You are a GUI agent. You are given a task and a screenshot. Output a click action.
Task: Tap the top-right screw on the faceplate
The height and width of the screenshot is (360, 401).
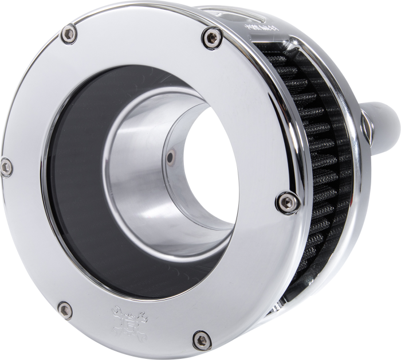[207, 39]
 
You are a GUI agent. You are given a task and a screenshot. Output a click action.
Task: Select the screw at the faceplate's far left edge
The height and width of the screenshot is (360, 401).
[6, 166]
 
